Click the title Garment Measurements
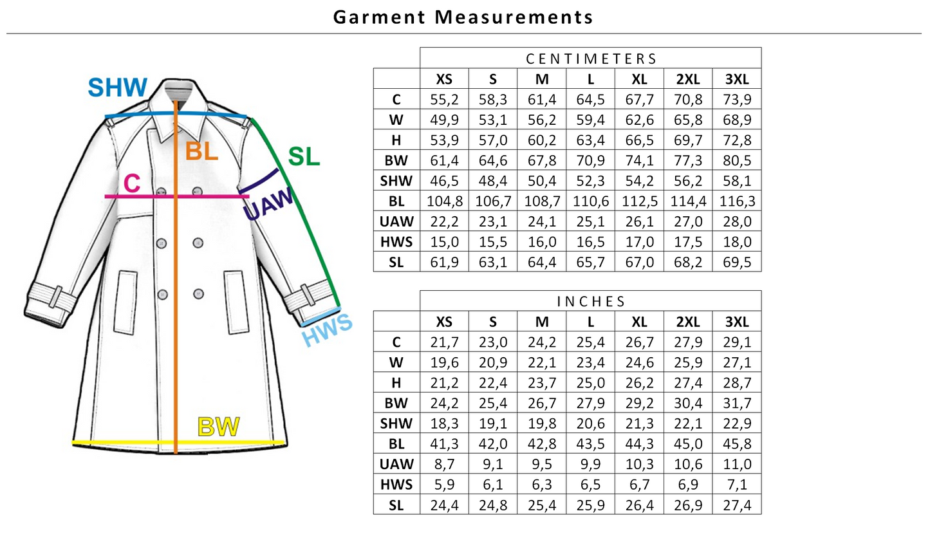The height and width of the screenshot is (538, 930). (x=463, y=17)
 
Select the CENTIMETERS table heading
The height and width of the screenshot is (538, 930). (x=591, y=59)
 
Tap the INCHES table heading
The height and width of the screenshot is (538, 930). (x=591, y=301)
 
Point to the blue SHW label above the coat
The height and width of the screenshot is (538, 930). (x=117, y=88)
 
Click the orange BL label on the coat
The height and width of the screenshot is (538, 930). (x=201, y=151)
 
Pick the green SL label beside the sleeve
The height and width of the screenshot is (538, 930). (x=304, y=156)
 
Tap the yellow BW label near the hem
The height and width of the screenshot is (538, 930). (x=219, y=427)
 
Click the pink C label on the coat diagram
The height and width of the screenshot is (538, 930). (x=132, y=183)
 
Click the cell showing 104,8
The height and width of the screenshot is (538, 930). (x=445, y=201)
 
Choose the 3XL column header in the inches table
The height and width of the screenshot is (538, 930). (x=737, y=322)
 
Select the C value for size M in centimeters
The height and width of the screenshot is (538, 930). (x=542, y=99)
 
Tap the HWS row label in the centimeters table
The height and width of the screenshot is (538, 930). (x=396, y=242)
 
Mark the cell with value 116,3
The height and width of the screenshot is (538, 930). (x=737, y=201)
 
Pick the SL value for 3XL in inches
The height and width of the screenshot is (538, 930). (x=737, y=505)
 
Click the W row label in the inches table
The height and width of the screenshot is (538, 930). (x=396, y=362)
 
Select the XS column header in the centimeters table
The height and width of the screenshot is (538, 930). (x=445, y=79)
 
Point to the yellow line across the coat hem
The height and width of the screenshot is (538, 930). (x=129, y=442)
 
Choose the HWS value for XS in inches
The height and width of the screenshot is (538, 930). (x=445, y=485)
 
